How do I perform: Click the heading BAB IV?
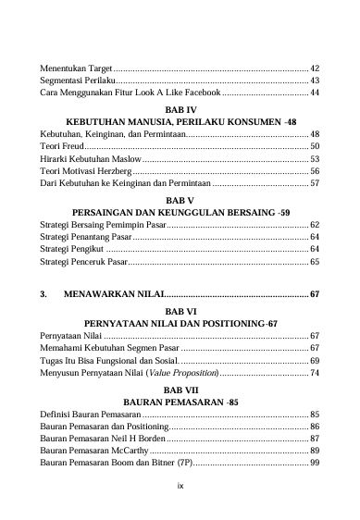tap(180, 109)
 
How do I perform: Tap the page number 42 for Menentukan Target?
tap(315, 68)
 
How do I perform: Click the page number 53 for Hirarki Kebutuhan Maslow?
tap(315, 158)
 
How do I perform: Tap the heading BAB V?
tap(180, 200)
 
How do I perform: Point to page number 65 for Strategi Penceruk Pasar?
tap(315, 262)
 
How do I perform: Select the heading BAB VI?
tap(180, 311)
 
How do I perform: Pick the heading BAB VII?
tap(180, 390)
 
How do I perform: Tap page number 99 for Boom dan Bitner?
tap(315, 463)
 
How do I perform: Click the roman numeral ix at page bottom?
tap(180, 482)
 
